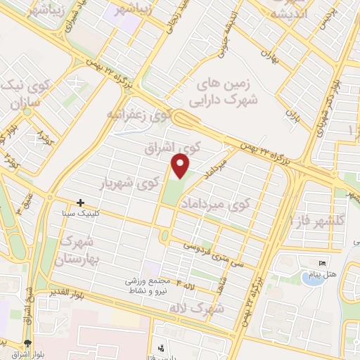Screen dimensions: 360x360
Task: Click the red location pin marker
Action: click(181, 166)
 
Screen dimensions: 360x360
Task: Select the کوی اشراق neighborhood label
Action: click(173, 148)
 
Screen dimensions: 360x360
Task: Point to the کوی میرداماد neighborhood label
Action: click(216, 204)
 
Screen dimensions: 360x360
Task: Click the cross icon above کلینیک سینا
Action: click(82, 202)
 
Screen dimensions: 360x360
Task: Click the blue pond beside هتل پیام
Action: click(309, 277)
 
